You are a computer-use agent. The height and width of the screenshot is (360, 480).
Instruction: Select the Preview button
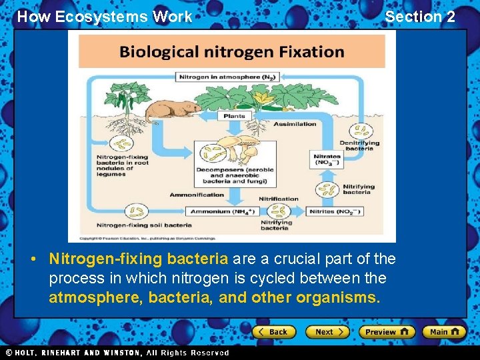tap(386, 331)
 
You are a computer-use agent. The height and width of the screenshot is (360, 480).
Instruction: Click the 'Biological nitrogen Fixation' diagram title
tap(232, 51)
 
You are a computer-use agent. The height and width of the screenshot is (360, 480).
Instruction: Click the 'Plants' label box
tap(233, 115)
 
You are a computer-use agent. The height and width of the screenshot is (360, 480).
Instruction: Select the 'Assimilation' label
tap(297, 124)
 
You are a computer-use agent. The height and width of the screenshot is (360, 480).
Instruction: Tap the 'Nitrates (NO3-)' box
tap(327, 160)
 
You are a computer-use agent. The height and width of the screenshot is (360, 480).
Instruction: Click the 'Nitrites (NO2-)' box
tap(335, 211)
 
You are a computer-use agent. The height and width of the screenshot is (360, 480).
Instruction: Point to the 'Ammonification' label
tap(197, 195)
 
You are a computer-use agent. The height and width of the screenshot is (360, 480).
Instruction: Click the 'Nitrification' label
tap(279, 199)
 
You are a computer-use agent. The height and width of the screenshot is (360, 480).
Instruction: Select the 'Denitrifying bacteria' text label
tap(359, 145)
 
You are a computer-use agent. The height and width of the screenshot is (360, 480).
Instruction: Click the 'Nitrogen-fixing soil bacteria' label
tap(144, 225)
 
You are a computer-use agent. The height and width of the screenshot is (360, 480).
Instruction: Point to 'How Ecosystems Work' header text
tap(104, 17)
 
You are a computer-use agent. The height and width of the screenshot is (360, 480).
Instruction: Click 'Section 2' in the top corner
tap(420, 17)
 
